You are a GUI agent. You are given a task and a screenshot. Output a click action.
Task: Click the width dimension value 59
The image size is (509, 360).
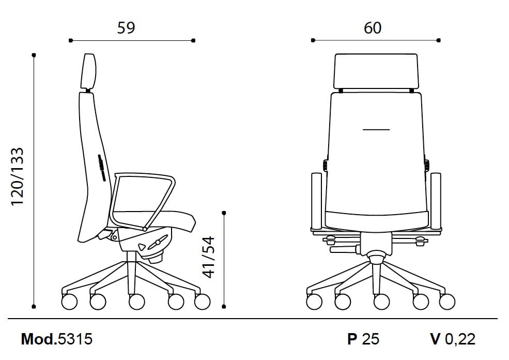[126, 28]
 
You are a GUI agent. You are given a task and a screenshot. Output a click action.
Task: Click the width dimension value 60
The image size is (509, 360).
[373, 28]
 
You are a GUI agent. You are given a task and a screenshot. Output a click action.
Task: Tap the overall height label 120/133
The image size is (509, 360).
[18, 176]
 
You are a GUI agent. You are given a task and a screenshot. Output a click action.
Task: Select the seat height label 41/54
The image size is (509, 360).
[208, 258]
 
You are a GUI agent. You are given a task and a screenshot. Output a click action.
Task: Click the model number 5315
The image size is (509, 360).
[75, 339]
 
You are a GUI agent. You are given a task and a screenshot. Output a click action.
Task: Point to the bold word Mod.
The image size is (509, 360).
[39, 339]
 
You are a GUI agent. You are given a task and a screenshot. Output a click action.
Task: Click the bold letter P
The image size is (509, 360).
[352, 339]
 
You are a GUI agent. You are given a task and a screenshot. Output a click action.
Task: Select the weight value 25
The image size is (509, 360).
[371, 339]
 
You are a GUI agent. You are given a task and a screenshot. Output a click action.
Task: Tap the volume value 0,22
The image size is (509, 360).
[460, 339]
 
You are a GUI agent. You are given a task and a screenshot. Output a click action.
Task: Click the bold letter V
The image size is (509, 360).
[435, 339]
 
